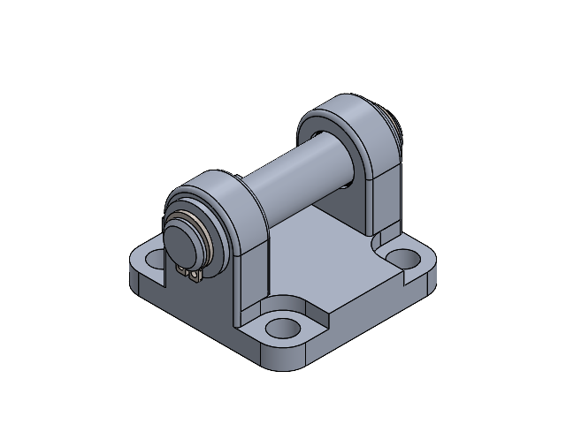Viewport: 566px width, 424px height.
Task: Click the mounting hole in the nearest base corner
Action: tap(282, 327)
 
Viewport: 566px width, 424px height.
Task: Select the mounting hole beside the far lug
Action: tap(405, 260)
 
